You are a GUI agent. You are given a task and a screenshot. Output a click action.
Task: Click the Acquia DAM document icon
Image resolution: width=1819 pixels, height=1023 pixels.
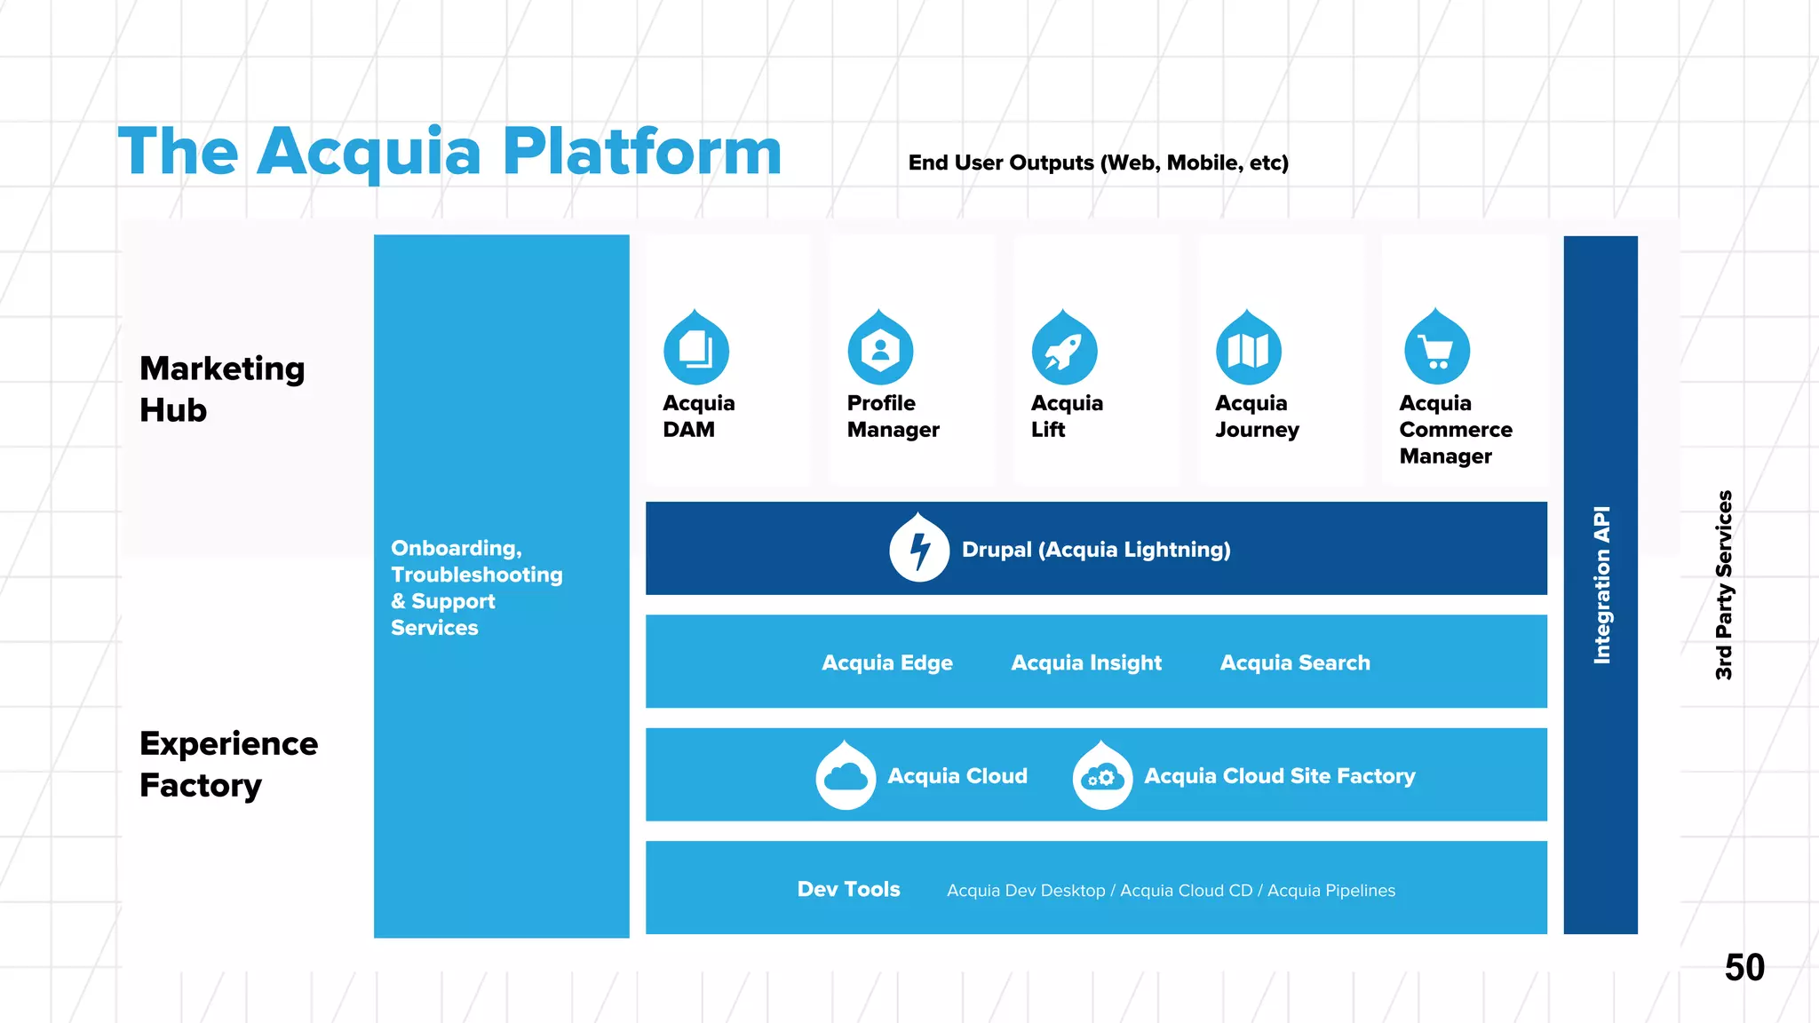(x=696, y=350)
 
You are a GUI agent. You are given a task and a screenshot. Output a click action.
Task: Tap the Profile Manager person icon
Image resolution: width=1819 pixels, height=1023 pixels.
(x=880, y=350)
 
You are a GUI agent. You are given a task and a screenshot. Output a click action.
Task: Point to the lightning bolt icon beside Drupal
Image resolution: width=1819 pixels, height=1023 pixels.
(x=919, y=550)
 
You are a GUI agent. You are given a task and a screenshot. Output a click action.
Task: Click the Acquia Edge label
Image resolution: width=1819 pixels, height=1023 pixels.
(x=886, y=662)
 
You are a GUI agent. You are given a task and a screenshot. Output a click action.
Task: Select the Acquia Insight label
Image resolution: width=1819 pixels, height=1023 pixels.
(x=1085, y=662)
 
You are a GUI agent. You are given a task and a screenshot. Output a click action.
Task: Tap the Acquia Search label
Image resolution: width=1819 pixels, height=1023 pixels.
(x=1294, y=662)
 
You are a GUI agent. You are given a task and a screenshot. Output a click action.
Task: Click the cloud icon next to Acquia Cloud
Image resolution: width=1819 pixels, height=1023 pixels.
(x=846, y=777)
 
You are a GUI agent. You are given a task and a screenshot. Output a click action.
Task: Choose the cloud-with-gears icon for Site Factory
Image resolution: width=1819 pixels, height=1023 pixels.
(x=1102, y=777)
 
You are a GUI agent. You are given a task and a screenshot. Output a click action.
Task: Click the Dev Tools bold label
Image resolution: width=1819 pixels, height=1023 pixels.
(x=848, y=889)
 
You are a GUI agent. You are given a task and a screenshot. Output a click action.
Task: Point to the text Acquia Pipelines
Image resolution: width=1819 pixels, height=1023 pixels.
(x=1330, y=890)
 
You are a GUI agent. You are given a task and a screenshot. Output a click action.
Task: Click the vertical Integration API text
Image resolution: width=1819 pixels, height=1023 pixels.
(x=1601, y=584)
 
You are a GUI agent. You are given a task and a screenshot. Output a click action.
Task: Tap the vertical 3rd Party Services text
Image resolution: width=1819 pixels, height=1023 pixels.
(x=1723, y=584)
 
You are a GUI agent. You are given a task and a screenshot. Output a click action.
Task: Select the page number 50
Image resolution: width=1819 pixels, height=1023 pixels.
(x=1744, y=967)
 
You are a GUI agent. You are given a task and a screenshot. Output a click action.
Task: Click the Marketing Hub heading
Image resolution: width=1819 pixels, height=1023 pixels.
(x=221, y=389)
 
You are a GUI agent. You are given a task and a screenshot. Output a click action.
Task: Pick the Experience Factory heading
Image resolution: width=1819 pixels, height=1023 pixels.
(x=228, y=764)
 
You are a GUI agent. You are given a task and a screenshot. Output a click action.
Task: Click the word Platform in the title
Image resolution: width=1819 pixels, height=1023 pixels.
(x=641, y=151)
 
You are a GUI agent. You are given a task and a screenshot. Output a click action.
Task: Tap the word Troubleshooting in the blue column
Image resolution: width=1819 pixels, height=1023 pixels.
(x=476, y=575)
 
